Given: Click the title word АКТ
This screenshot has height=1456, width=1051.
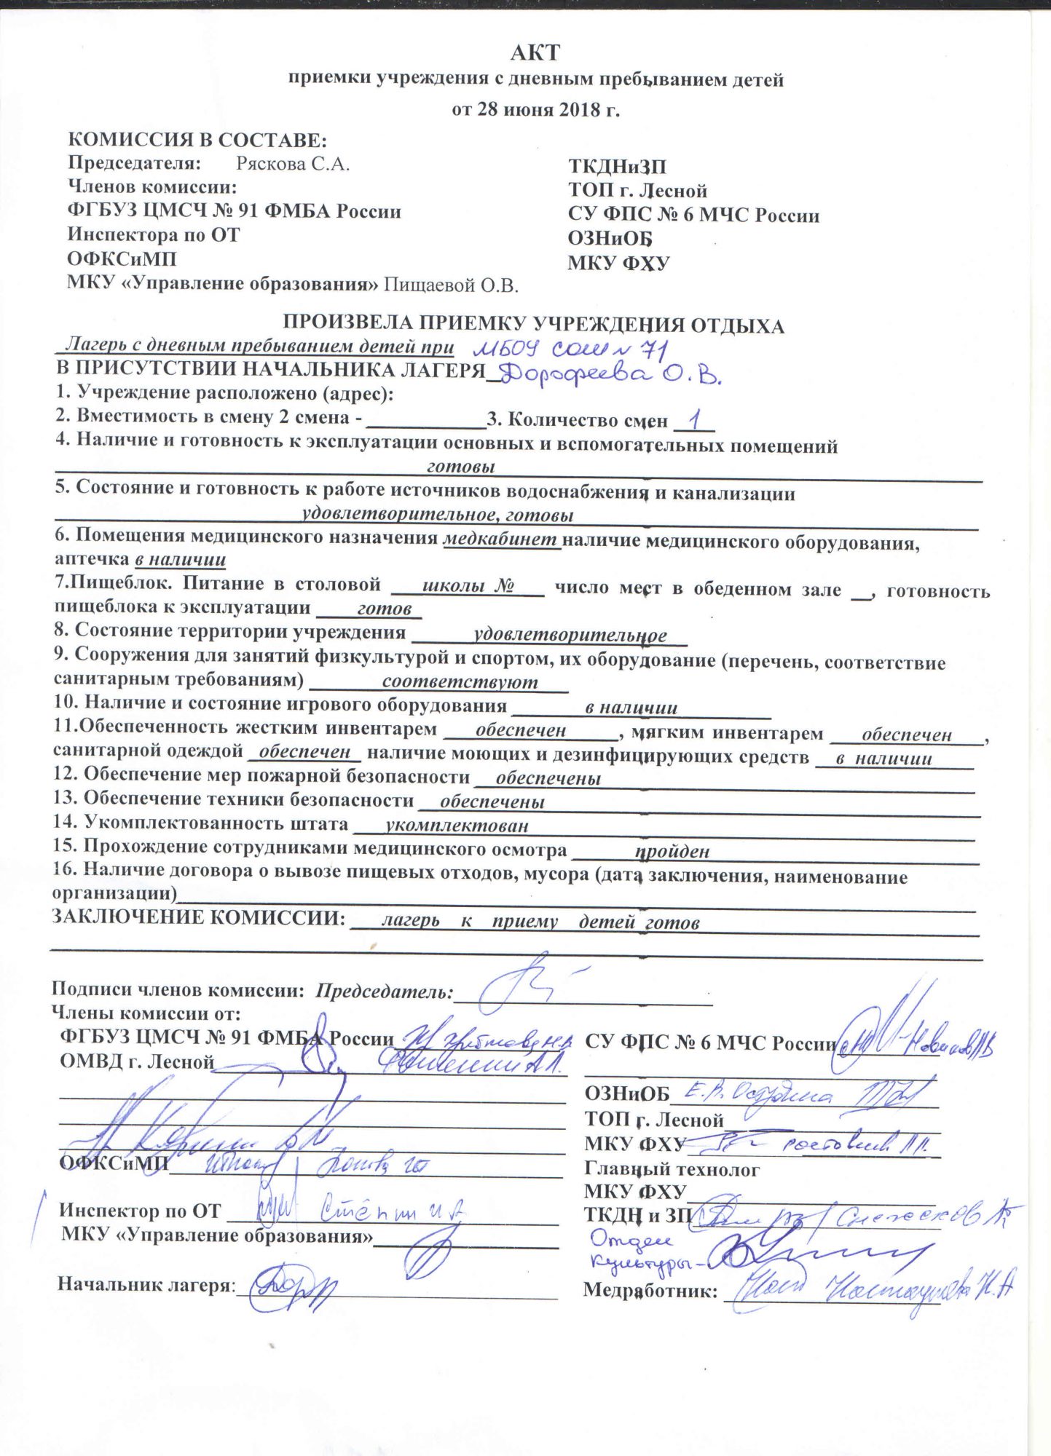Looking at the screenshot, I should pyautogui.click(x=535, y=52).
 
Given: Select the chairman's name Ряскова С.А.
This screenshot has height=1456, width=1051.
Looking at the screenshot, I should pyautogui.click(x=293, y=164).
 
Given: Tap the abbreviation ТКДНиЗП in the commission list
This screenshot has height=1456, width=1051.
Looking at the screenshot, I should pyautogui.click(x=617, y=167).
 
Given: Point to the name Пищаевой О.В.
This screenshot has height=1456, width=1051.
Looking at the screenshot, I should pyautogui.click(x=451, y=285).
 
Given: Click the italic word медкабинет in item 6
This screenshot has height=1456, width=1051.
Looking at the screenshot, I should pyautogui.click(x=502, y=539).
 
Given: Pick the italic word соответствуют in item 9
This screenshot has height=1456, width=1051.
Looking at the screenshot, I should pyautogui.click(x=460, y=682).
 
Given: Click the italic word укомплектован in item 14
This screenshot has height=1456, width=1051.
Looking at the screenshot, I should pyautogui.click(x=457, y=826).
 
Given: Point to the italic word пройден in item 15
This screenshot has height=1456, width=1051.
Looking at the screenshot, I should pyautogui.click(x=672, y=851).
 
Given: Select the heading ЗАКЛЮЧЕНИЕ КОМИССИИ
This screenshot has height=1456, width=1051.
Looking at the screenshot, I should pyautogui.click(x=198, y=917).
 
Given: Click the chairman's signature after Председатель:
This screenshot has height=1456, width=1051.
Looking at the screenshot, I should pyautogui.click(x=528, y=986).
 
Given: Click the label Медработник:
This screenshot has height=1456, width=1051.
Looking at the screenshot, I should pyautogui.click(x=650, y=1291).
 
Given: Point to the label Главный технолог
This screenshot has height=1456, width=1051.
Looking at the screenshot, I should pyautogui.click(x=672, y=1169).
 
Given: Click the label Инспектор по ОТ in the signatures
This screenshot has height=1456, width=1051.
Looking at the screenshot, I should pyautogui.click(x=140, y=1211).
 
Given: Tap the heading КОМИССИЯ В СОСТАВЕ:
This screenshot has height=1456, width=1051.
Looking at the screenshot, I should pyautogui.click(x=197, y=140).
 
